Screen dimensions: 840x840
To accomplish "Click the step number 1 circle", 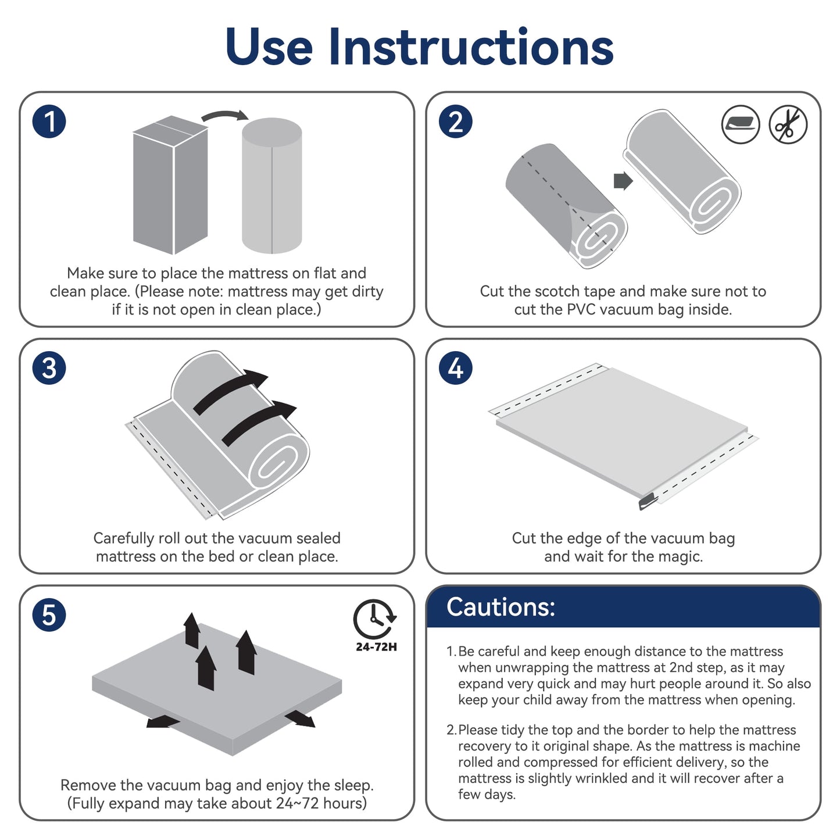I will tap(49, 122).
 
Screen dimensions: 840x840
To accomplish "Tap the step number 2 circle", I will tap(456, 122).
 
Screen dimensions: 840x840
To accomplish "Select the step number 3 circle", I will tap(49, 369).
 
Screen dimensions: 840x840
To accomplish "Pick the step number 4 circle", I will tap(456, 369).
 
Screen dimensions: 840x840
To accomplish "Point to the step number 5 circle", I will tap(49, 615).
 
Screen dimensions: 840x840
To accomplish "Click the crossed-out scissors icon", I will tap(788, 124).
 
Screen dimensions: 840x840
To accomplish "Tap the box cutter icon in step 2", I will tap(741, 124).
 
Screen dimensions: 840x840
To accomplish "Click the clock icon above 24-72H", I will tap(374, 619).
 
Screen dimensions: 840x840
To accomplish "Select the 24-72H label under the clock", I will tap(376, 647).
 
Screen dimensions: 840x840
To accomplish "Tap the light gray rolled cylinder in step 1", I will tap(271, 186).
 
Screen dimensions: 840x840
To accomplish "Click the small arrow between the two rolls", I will tap(623, 181).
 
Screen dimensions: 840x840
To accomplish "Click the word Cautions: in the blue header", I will tap(501, 607).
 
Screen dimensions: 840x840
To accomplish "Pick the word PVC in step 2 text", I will tap(582, 310).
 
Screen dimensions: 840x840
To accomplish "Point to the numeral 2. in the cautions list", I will tap(452, 730).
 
